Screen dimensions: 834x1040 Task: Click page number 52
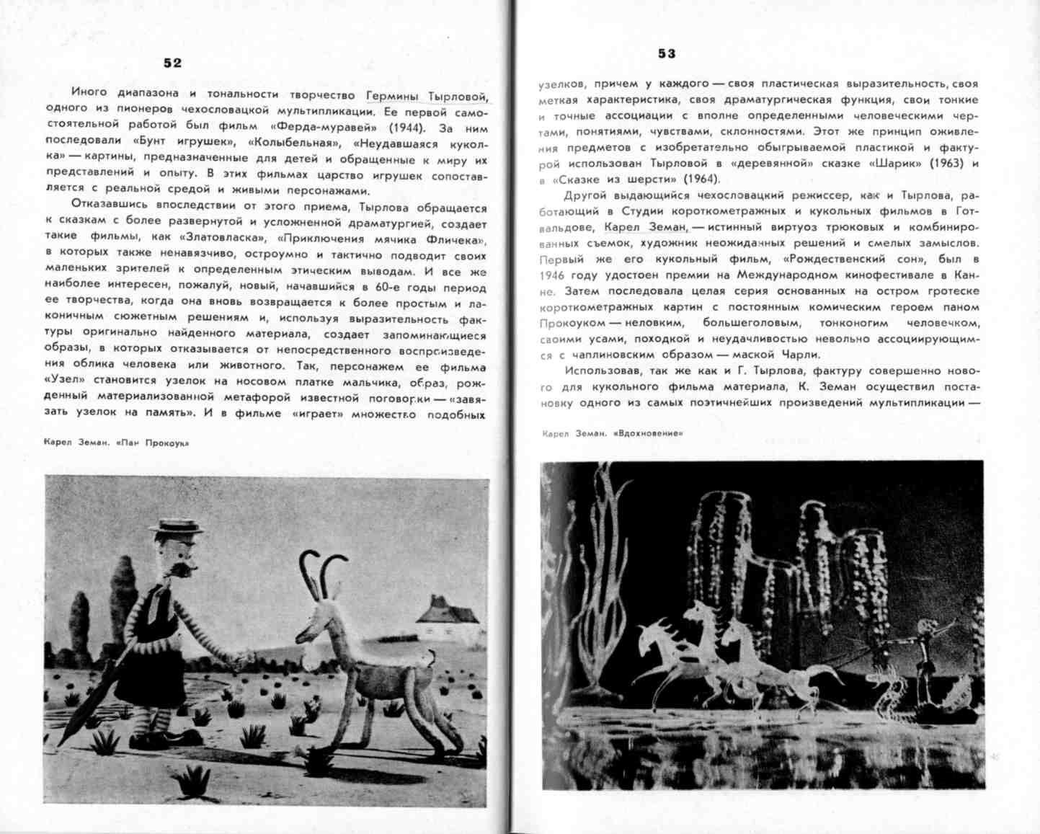(x=172, y=63)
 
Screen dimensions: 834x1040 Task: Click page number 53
(x=667, y=53)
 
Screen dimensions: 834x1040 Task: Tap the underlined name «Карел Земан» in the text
(x=645, y=227)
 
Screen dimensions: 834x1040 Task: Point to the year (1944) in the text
(x=402, y=128)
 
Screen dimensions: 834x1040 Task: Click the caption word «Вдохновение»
(x=647, y=433)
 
